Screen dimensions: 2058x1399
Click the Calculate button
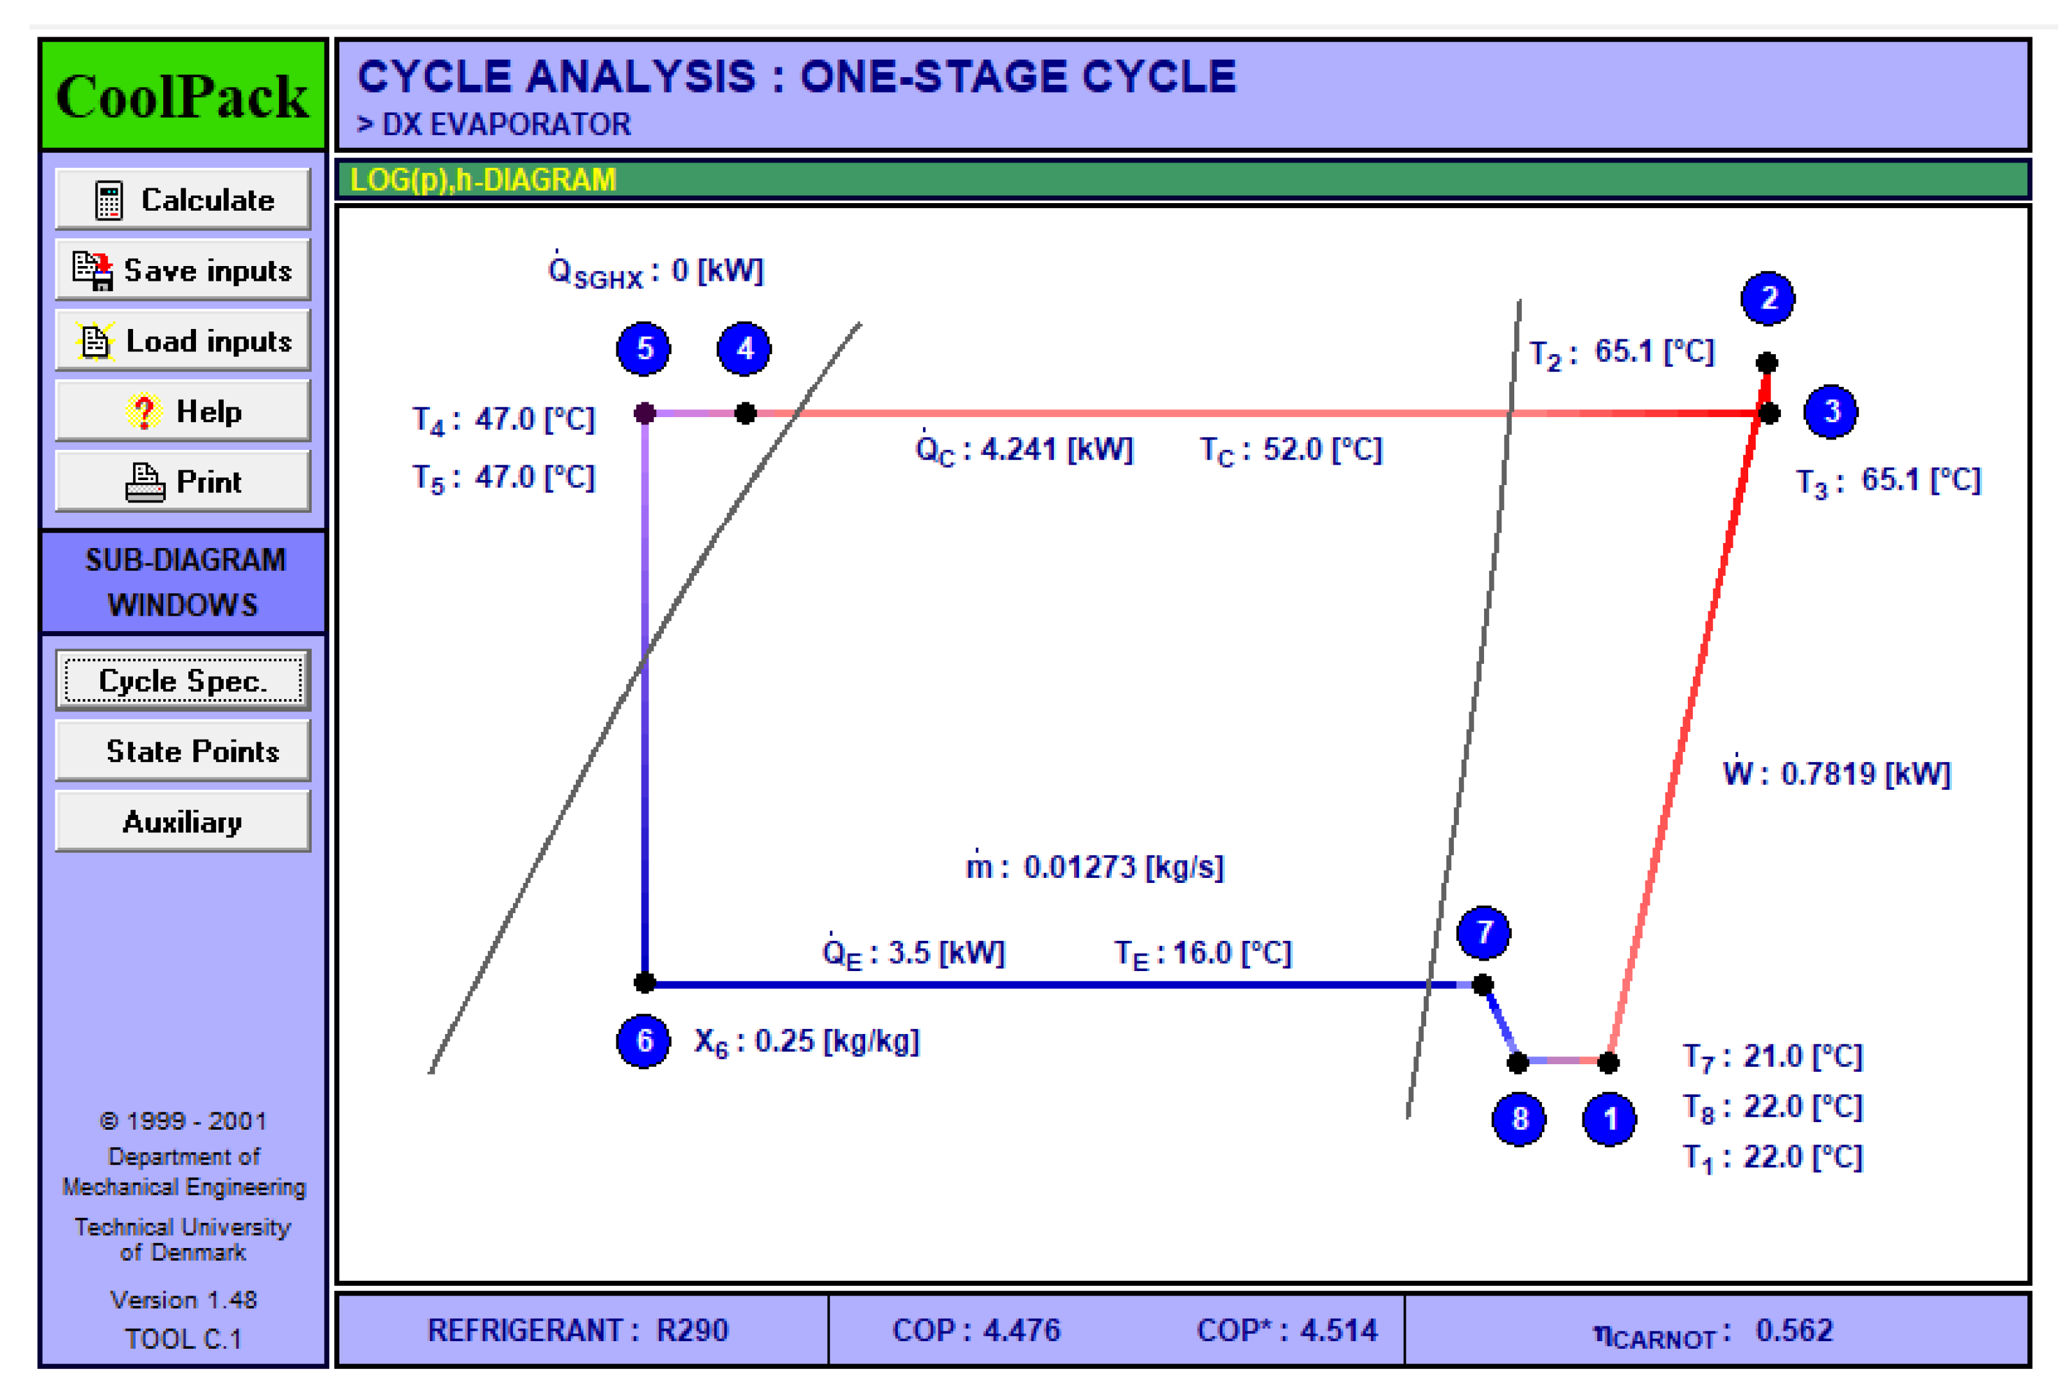click(183, 200)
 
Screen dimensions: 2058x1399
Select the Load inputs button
click(183, 341)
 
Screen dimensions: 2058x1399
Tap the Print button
click(183, 482)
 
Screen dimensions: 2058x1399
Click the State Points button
click(183, 751)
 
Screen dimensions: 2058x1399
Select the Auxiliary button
click(183, 822)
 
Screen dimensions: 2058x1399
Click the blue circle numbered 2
click(1767, 298)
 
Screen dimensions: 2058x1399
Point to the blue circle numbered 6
click(644, 1040)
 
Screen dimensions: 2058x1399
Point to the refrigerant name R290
click(692, 1330)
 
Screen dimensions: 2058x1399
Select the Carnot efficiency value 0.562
click(1794, 1330)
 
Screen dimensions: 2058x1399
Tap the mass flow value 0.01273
click(1078, 867)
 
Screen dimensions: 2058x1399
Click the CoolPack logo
click(183, 96)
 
